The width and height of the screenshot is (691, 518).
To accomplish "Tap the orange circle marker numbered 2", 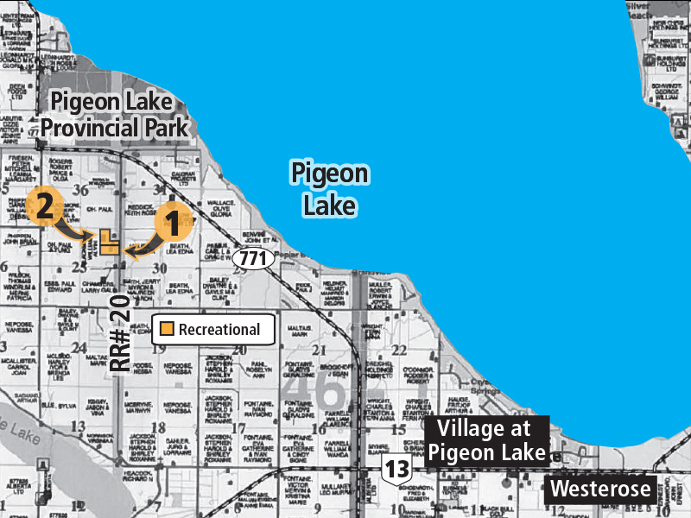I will tap(43, 205).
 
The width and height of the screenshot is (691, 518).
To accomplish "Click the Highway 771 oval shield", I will tap(254, 257).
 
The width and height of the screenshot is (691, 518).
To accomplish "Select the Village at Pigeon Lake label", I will tap(491, 440).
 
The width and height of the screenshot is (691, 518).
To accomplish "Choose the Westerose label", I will tap(600, 489).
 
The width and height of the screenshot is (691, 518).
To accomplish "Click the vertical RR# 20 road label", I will tap(120, 332).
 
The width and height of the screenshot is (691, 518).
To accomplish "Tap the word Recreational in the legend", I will tap(219, 329).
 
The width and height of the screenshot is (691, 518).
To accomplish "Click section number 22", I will tap(399, 350).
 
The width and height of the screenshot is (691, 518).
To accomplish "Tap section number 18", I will tap(158, 427).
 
